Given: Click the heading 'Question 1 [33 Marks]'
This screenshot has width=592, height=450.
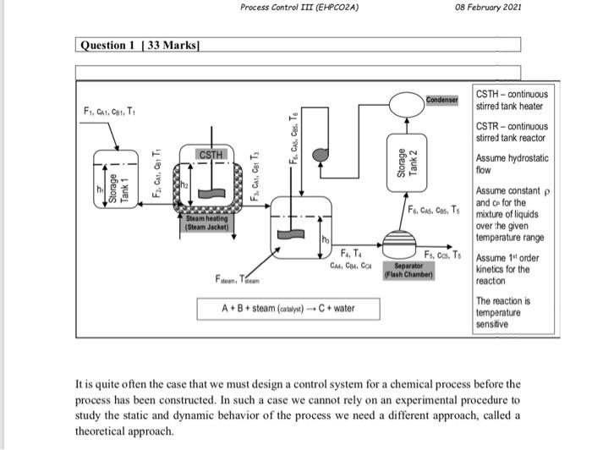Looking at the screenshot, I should (140, 45).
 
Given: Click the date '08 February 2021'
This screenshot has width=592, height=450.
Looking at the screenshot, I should (488, 8).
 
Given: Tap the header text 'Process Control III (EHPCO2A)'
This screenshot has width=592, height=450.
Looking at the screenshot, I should (299, 8).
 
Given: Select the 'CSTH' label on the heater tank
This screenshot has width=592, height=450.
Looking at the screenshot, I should (211, 155).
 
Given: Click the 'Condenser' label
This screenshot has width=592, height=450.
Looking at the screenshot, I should (441, 100).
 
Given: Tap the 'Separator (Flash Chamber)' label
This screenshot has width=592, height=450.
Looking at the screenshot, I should (408, 270).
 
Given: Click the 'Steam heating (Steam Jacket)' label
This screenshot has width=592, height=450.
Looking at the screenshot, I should (207, 222).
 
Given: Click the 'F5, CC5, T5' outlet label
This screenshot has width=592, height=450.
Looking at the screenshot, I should (443, 255).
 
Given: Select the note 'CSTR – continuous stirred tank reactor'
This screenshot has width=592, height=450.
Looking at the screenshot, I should (511, 132).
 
